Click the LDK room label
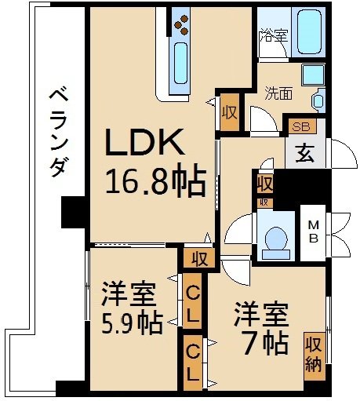point(146,144)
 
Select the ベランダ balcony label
point(57,133)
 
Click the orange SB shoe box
point(300,126)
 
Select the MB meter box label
point(311,231)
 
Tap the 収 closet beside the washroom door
point(230,111)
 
